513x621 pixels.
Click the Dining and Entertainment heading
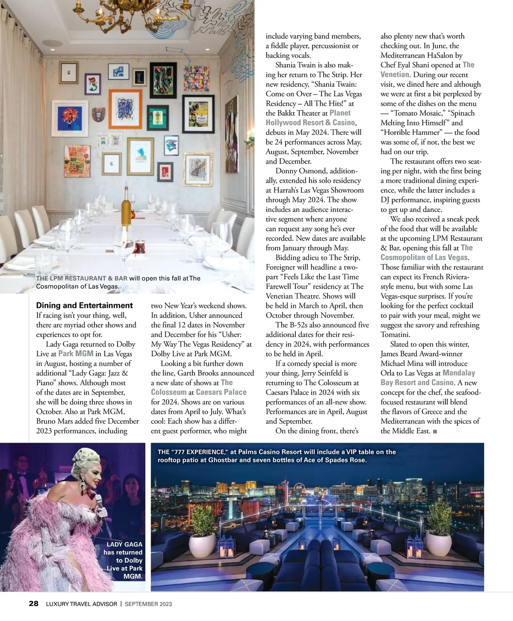coord(84,305)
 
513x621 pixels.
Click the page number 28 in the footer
coord(34,603)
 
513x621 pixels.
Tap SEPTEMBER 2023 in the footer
coord(148,604)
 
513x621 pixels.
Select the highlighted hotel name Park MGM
coord(76,354)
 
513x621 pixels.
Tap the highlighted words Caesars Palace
coord(221,392)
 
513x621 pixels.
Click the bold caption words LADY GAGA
coord(124,545)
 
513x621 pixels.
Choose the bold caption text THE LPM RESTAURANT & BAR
coord(82,278)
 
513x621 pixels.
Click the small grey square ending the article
coord(435,432)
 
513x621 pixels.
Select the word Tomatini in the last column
coord(395,335)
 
